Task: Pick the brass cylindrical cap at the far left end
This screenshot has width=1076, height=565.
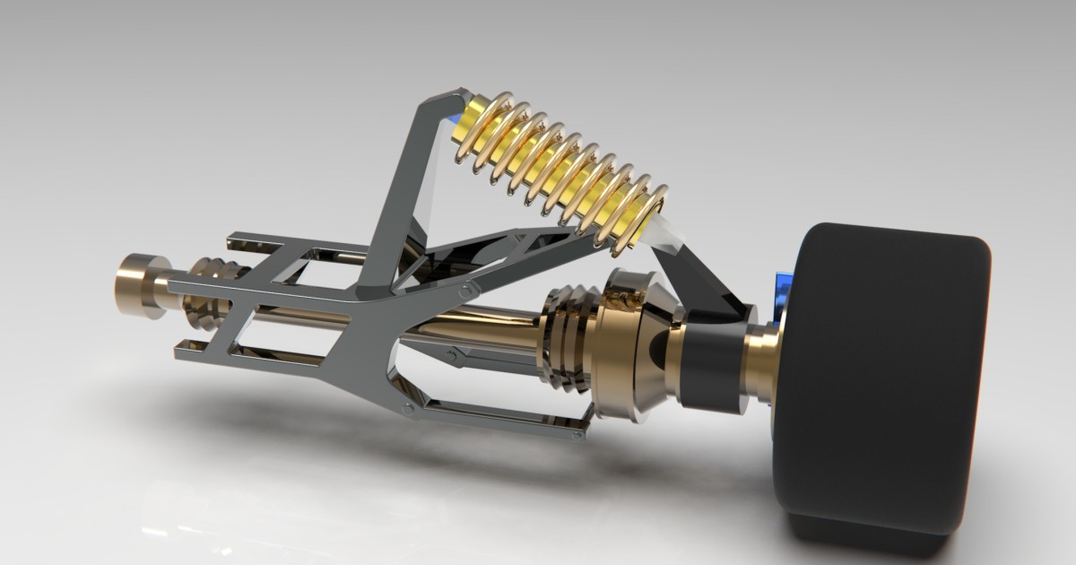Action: click(x=137, y=285)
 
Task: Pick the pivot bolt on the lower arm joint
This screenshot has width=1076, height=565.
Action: click(x=409, y=408)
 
